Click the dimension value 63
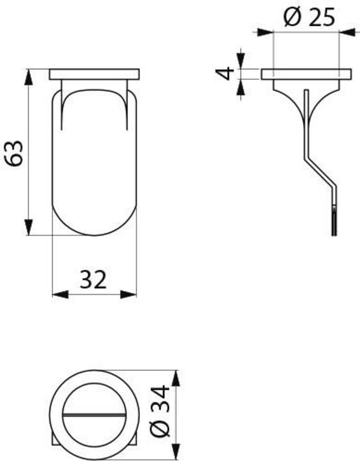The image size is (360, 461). (15, 154)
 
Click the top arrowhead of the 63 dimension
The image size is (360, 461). (28, 77)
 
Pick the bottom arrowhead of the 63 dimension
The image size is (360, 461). (28, 227)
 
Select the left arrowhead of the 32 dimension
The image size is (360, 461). (60, 294)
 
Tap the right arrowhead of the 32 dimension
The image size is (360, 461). (128, 294)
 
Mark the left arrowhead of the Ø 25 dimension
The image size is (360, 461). (265, 32)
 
